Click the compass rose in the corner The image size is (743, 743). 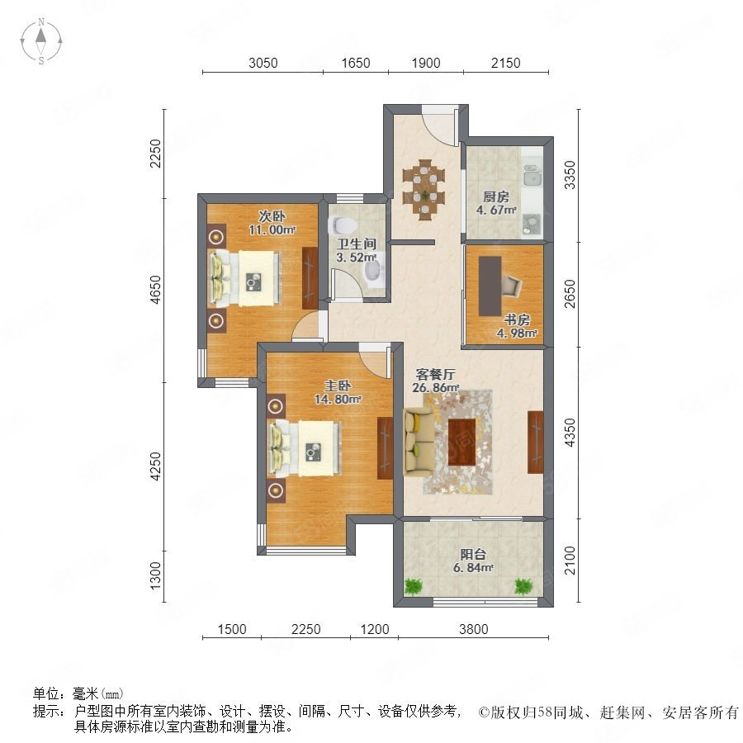[41, 41]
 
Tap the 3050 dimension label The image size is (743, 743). [263, 63]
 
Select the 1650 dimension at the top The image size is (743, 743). [355, 63]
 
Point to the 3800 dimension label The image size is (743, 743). [473, 629]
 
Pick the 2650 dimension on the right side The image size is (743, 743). [570, 294]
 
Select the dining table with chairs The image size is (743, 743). [424, 190]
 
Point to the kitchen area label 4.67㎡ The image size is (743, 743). [496, 210]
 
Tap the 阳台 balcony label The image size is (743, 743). [473, 554]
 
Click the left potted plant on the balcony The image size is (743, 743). [414, 586]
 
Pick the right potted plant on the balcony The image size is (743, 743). [523, 586]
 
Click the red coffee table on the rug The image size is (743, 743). [462, 442]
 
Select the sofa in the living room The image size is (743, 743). [419, 442]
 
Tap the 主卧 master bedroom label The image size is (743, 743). [338, 386]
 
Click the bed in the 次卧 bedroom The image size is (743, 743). [245, 278]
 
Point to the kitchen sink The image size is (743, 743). [532, 177]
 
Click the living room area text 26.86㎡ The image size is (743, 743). [436, 387]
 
